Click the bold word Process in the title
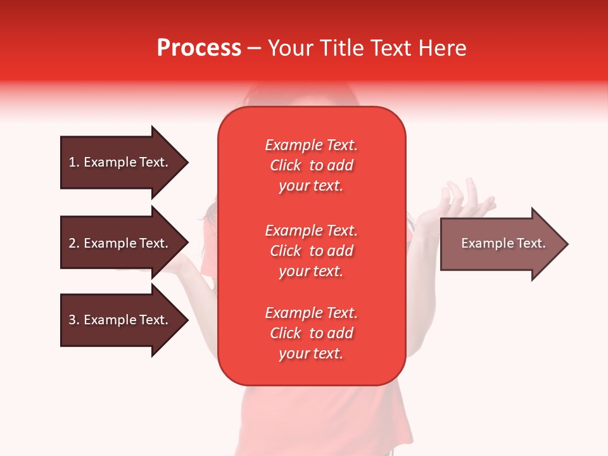pyautogui.click(x=199, y=48)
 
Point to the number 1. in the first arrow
pyautogui.click(x=74, y=162)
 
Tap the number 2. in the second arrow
pyautogui.click(x=74, y=243)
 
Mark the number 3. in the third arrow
pyautogui.click(x=74, y=320)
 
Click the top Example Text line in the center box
pyautogui.click(x=311, y=145)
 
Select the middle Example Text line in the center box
pyautogui.click(x=311, y=231)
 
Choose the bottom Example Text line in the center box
pyautogui.click(x=311, y=313)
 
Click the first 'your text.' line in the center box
pyautogui.click(x=311, y=186)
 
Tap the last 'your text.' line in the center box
pyautogui.click(x=311, y=354)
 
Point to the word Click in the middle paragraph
pyautogui.click(x=286, y=251)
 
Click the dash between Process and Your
pyautogui.click(x=254, y=49)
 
